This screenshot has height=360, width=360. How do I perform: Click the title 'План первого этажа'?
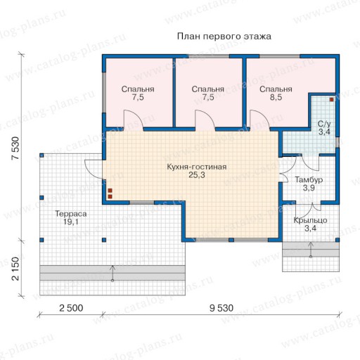click(224, 37)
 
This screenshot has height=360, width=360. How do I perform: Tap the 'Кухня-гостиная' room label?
click(197, 167)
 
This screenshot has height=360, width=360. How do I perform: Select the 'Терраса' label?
click(71, 214)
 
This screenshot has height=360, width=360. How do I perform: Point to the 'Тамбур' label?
click(309, 180)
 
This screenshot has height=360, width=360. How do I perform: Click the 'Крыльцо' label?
click(310, 220)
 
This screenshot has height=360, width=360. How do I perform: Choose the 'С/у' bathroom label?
click(324, 124)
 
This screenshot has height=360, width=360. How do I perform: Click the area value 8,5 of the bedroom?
click(276, 97)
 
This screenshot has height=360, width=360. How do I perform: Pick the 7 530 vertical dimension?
click(15, 148)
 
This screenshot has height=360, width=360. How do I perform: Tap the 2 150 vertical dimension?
click(15, 269)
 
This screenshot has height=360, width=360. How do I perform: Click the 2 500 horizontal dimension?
click(71, 308)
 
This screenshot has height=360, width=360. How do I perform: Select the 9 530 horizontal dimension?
click(221, 308)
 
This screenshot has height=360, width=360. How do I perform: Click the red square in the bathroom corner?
click(331, 100)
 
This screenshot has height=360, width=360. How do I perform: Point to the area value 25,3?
click(197, 175)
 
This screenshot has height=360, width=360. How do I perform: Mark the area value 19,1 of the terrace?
click(71, 221)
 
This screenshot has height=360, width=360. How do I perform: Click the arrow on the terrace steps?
click(112, 273)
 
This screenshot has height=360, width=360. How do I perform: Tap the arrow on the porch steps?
click(311, 250)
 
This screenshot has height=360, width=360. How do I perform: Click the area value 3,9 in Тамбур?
click(309, 188)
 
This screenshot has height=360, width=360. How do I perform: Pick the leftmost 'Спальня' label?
click(138, 89)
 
